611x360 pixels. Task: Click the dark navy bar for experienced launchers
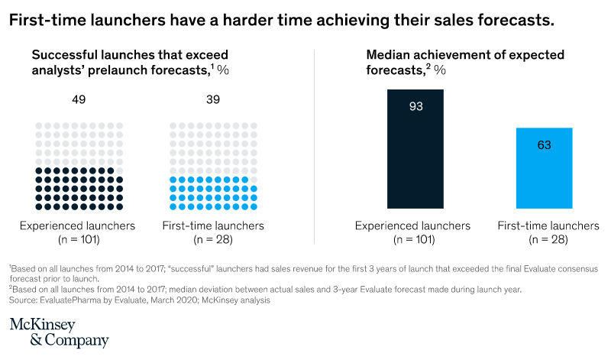click(413, 149)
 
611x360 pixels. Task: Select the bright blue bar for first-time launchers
click(545, 168)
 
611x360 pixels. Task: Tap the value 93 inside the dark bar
click(413, 106)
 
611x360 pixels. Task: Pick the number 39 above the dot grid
click(213, 99)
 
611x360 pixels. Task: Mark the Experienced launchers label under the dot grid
click(77, 225)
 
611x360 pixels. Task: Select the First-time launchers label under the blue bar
click(548, 225)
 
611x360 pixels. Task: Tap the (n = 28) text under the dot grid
click(213, 239)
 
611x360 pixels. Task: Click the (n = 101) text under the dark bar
click(412, 239)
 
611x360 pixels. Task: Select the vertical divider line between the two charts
click(315, 145)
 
